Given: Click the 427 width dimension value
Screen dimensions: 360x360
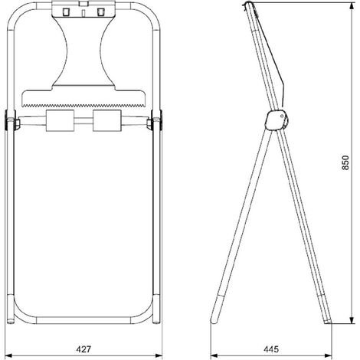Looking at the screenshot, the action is (x=83, y=349).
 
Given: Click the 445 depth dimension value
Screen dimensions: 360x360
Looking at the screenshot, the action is (x=271, y=349).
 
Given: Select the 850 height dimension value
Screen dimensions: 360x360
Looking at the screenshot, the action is (x=345, y=162).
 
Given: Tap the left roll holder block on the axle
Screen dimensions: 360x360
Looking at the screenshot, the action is (x=60, y=120).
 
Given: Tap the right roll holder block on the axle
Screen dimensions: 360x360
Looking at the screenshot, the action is (x=106, y=120).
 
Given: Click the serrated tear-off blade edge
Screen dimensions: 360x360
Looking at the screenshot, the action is (x=83, y=105).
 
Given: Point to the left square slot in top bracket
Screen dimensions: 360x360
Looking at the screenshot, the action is (x=66, y=11).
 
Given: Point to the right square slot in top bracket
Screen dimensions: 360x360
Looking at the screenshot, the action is (x=101, y=11).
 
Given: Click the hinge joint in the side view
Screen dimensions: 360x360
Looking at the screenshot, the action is (x=277, y=120).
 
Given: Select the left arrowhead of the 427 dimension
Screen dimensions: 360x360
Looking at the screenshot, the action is (x=8, y=355).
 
